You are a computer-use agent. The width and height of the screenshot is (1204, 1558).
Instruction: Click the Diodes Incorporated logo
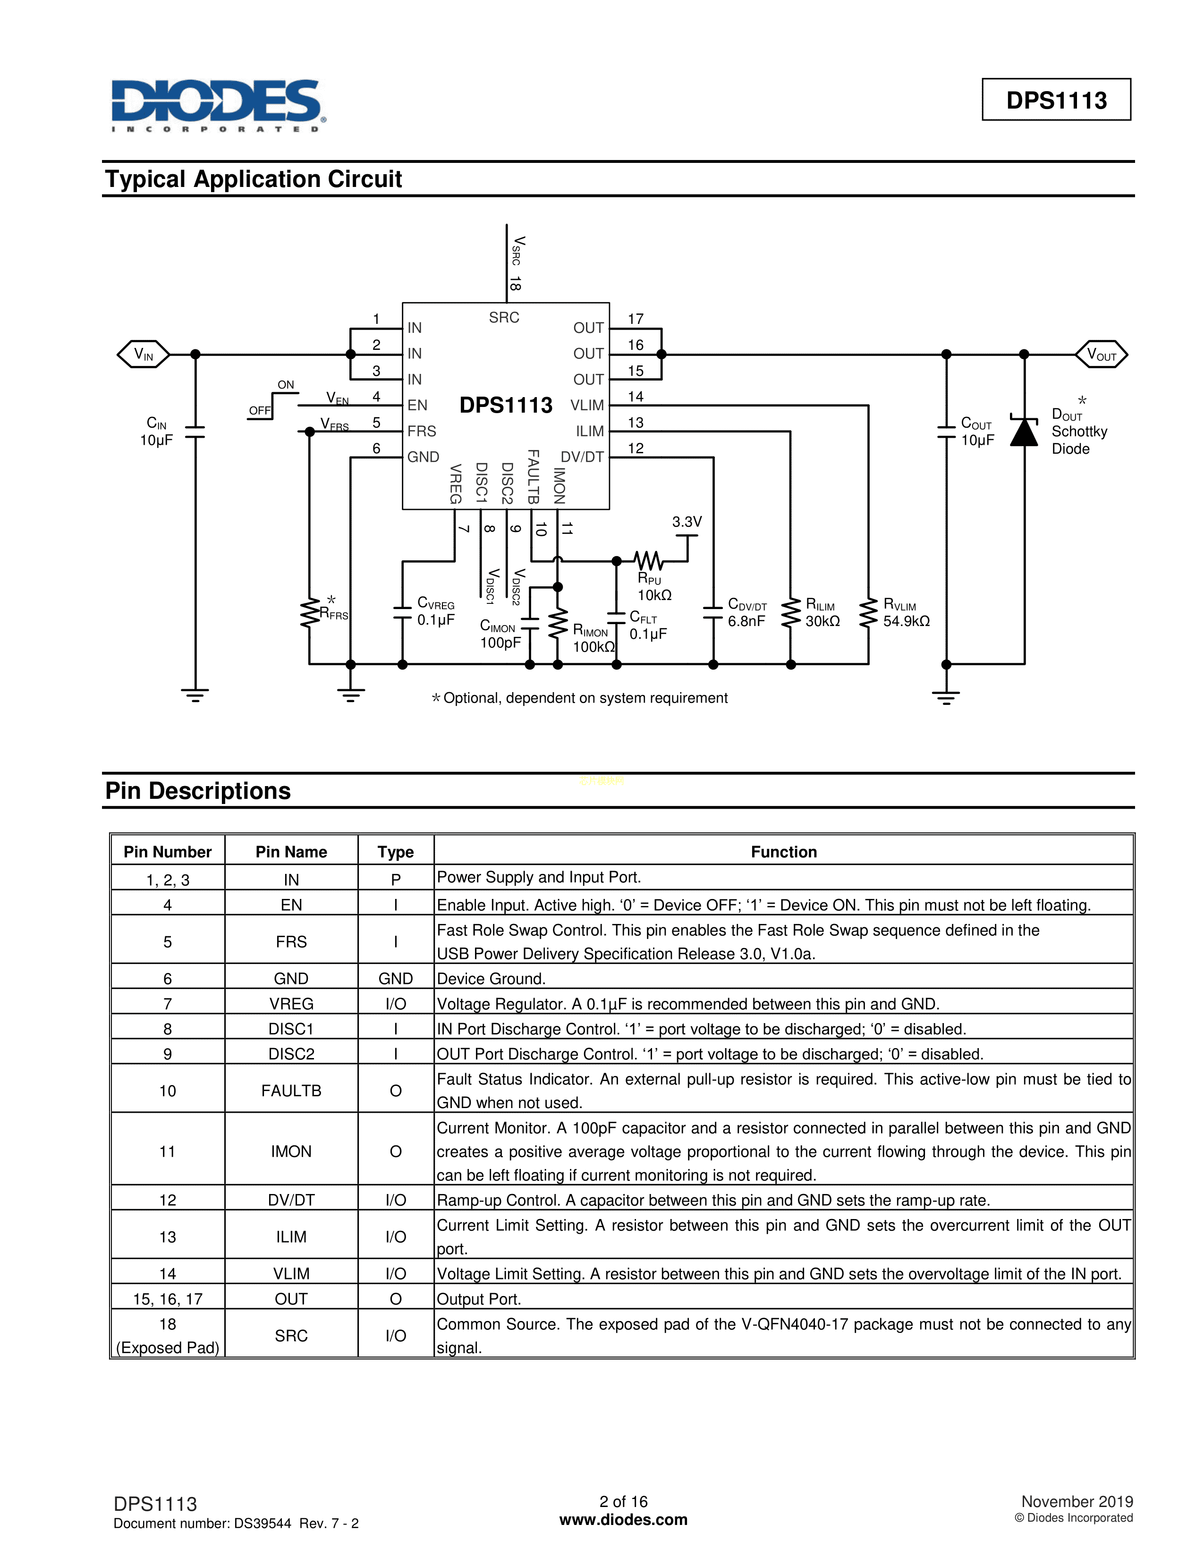click(x=218, y=105)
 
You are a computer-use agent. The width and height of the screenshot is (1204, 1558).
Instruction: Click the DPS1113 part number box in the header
click(x=1056, y=100)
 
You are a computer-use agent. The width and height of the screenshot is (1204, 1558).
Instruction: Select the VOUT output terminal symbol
click(x=1101, y=354)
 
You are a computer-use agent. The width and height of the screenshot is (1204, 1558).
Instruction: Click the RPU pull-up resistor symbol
click(x=649, y=560)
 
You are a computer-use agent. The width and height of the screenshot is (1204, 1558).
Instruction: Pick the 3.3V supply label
click(x=687, y=522)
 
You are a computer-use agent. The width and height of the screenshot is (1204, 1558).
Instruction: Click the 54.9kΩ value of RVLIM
click(x=906, y=621)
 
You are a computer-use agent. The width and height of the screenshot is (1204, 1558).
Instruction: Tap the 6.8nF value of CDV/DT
click(x=746, y=621)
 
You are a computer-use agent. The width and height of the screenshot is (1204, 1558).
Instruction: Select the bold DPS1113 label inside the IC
click(x=506, y=405)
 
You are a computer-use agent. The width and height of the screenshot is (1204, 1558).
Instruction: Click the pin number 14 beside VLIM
click(x=636, y=397)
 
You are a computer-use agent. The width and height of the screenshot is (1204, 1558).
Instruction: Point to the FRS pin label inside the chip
click(x=422, y=431)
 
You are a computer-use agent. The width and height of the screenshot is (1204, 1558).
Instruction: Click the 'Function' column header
click(x=783, y=852)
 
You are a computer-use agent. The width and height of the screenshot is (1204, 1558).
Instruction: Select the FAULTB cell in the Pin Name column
click(x=291, y=1091)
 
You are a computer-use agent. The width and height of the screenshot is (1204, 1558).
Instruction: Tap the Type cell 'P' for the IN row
click(x=396, y=880)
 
